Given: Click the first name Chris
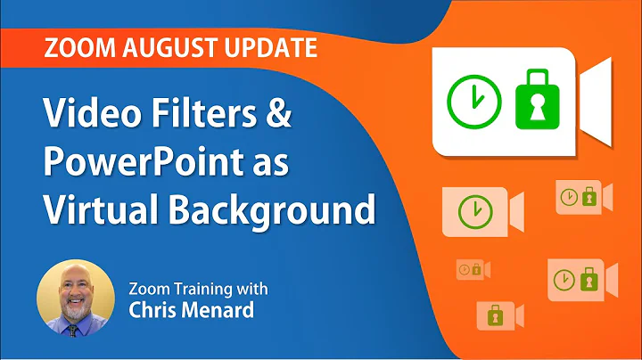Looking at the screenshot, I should [155, 311].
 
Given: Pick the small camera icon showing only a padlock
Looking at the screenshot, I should [500, 315].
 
